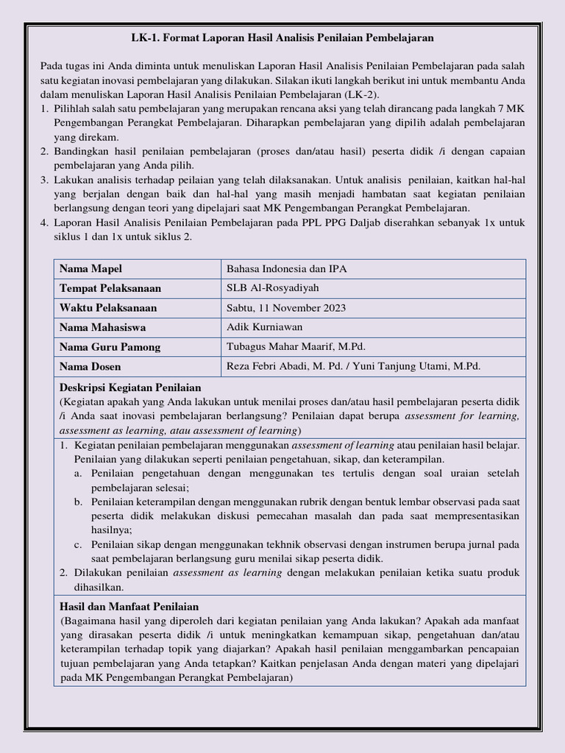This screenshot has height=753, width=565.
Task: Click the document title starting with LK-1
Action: coord(282,37)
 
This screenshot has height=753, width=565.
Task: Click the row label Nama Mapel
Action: coord(90,268)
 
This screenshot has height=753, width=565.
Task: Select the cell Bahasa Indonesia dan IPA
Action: coord(287,268)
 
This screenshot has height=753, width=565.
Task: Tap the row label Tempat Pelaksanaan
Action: coord(110,288)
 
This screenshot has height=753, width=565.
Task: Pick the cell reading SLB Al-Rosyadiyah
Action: coord(273,288)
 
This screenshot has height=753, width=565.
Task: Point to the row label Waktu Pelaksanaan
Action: coord(107,308)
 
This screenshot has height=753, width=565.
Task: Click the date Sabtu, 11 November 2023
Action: coord(286,308)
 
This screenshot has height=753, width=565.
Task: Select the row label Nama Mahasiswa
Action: coord(102,327)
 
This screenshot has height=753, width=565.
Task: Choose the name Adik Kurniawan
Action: coord(265,327)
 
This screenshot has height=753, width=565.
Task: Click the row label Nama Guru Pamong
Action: coord(110,347)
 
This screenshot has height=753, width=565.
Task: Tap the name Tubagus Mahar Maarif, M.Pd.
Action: coord(296,347)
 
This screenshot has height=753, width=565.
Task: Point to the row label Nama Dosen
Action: coord(90,366)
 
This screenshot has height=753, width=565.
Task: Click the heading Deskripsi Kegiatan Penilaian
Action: coord(130,388)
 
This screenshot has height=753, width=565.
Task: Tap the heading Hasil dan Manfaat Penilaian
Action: coord(129,607)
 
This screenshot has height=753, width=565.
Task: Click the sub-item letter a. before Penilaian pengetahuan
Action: coord(77,474)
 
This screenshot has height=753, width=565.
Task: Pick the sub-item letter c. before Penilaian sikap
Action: coord(77,545)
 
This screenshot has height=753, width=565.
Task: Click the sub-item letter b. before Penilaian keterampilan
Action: coord(78,502)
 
